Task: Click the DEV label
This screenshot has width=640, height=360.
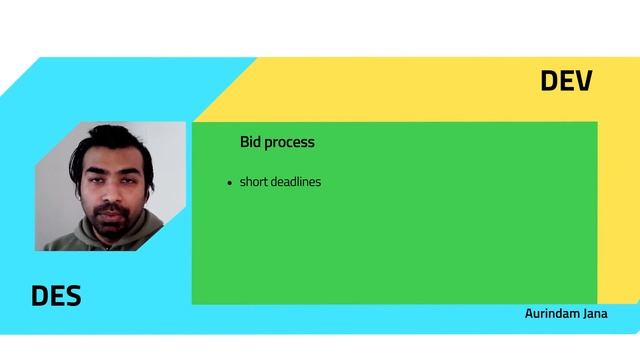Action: tap(566, 81)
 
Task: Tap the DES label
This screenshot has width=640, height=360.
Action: tap(56, 296)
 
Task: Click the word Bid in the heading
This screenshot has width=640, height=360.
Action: tap(250, 142)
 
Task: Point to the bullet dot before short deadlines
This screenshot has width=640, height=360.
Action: tap(230, 183)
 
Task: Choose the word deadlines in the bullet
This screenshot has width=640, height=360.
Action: tap(296, 182)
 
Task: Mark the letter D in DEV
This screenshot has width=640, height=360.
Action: tap(550, 81)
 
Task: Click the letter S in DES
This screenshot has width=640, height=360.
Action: tap(72, 296)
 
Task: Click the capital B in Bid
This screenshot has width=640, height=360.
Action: tap(244, 142)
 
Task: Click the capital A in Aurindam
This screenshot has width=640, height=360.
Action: tap(529, 313)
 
